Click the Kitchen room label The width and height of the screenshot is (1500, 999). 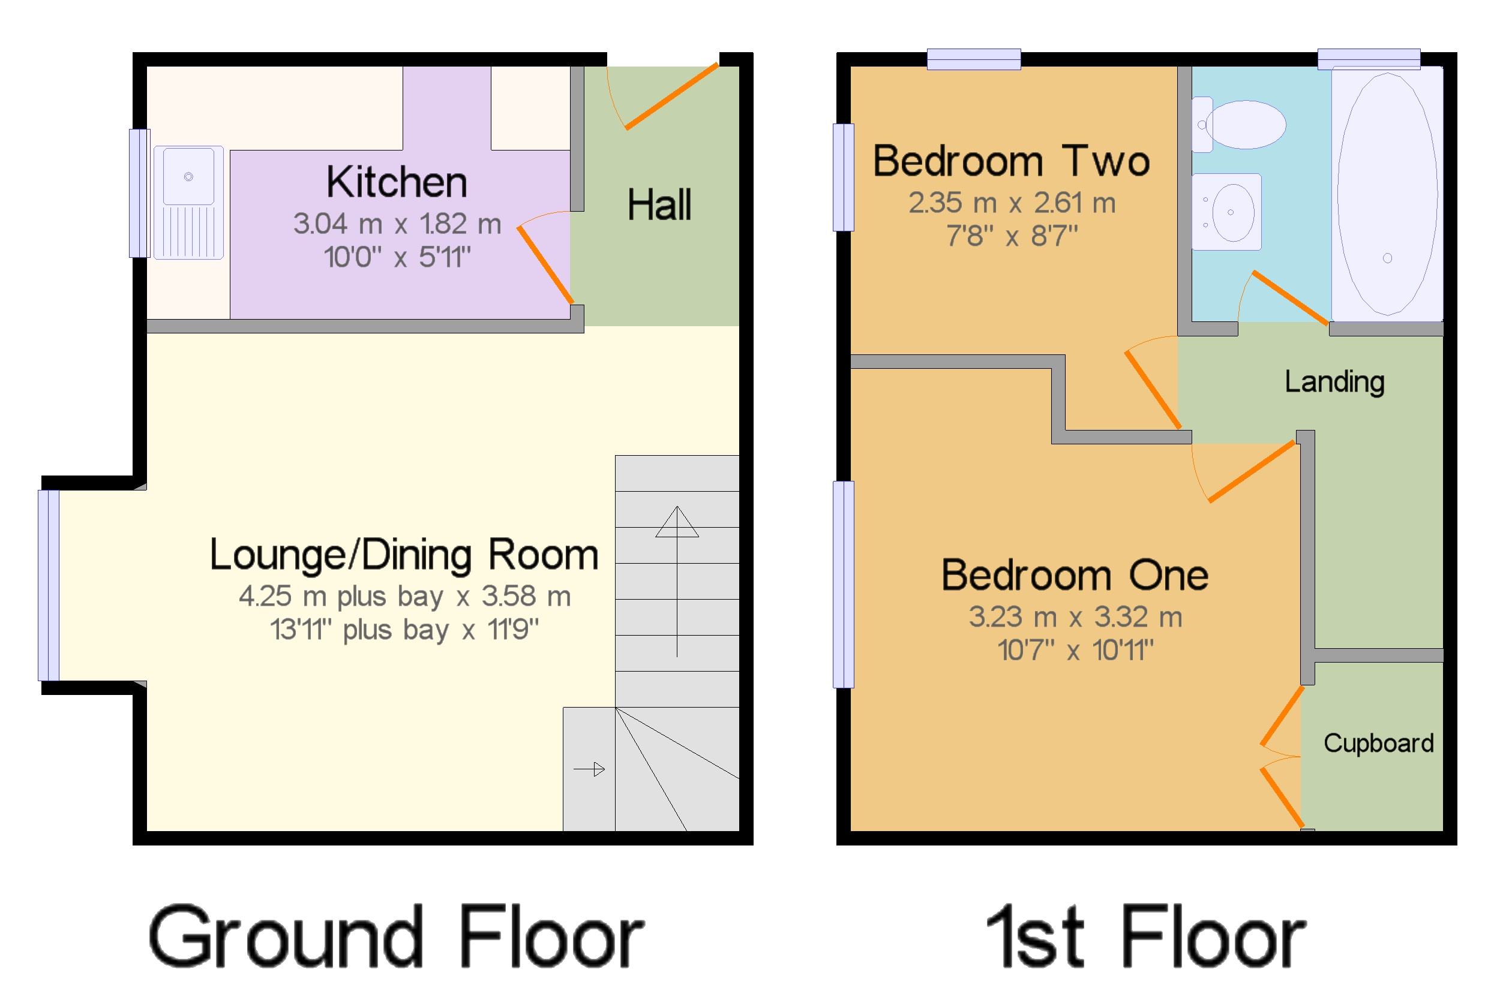[x=397, y=182]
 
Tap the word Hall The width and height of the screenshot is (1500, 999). [x=659, y=204]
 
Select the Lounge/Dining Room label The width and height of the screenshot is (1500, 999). [x=404, y=554]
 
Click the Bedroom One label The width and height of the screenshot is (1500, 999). [x=1075, y=574]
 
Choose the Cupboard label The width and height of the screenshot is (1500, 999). [x=1378, y=744]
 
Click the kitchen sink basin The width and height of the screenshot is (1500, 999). [x=188, y=176]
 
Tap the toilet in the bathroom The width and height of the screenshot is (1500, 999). [x=1239, y=124]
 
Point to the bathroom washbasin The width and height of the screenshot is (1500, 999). [x=1226, y=212]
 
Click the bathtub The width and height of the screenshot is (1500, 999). [x=1387, y=194]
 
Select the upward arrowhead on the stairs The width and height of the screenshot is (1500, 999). [x=677, y=522]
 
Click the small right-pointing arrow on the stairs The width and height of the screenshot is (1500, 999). [x=589, y=770]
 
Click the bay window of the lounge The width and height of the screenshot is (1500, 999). [x=49, y=585]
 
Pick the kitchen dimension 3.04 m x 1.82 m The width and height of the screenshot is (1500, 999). [x=397, y=224]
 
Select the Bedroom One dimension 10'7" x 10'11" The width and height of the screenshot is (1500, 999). [x=1075, y=651]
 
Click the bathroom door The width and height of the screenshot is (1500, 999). [x=1291, y=297]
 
